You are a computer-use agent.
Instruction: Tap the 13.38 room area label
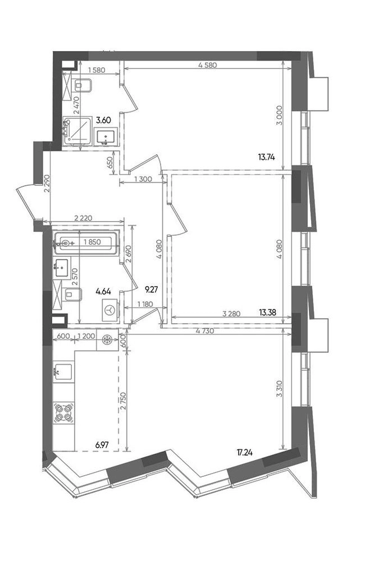pyautogui.click(x=267, y=313)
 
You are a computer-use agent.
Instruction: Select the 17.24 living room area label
pyautogui.click(x=244, y=453)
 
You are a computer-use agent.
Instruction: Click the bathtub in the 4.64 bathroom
pyautogui.click(x=85, y=243)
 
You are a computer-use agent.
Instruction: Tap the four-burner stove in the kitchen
pyautogui.click(x=64, y=412)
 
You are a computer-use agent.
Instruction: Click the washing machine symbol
pyautogui.click(x=110, y=310)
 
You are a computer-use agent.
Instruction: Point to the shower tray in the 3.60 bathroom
pyautogui.click(x=77, y=131)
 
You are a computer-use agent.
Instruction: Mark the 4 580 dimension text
pyautogui.click(x=207, y=66)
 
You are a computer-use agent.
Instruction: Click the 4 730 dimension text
pyautogui.click(x=206, y=331)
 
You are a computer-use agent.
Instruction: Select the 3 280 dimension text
pyautogui.click(x=231, y=314)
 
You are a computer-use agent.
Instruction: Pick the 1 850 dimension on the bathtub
pyautogui.click(x=92, y=242)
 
